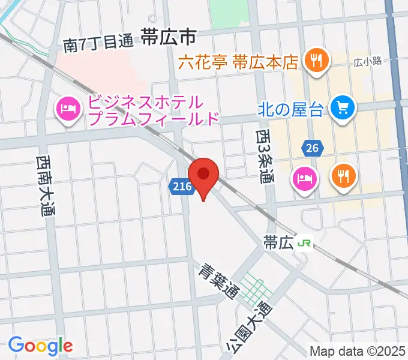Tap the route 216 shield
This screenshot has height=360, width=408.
181,187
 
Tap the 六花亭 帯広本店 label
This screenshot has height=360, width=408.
239,61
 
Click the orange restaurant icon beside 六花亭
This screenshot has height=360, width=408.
313,59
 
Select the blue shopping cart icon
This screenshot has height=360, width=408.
344,108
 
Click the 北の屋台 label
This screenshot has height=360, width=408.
291,109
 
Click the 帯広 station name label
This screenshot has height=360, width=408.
278,242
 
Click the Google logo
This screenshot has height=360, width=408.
40,345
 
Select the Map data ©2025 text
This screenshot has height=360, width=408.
358,351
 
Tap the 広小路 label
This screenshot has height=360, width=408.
367,61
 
